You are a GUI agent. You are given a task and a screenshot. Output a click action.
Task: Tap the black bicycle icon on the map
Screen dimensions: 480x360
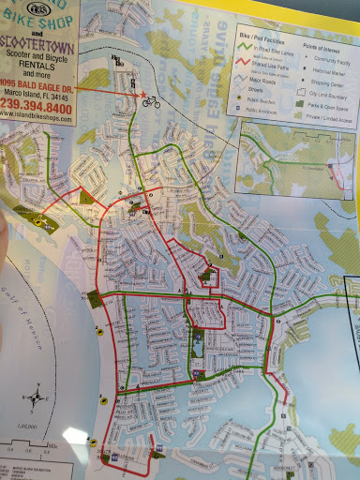(150, 101)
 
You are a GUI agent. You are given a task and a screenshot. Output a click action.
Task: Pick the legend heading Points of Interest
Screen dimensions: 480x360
(320, 45)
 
